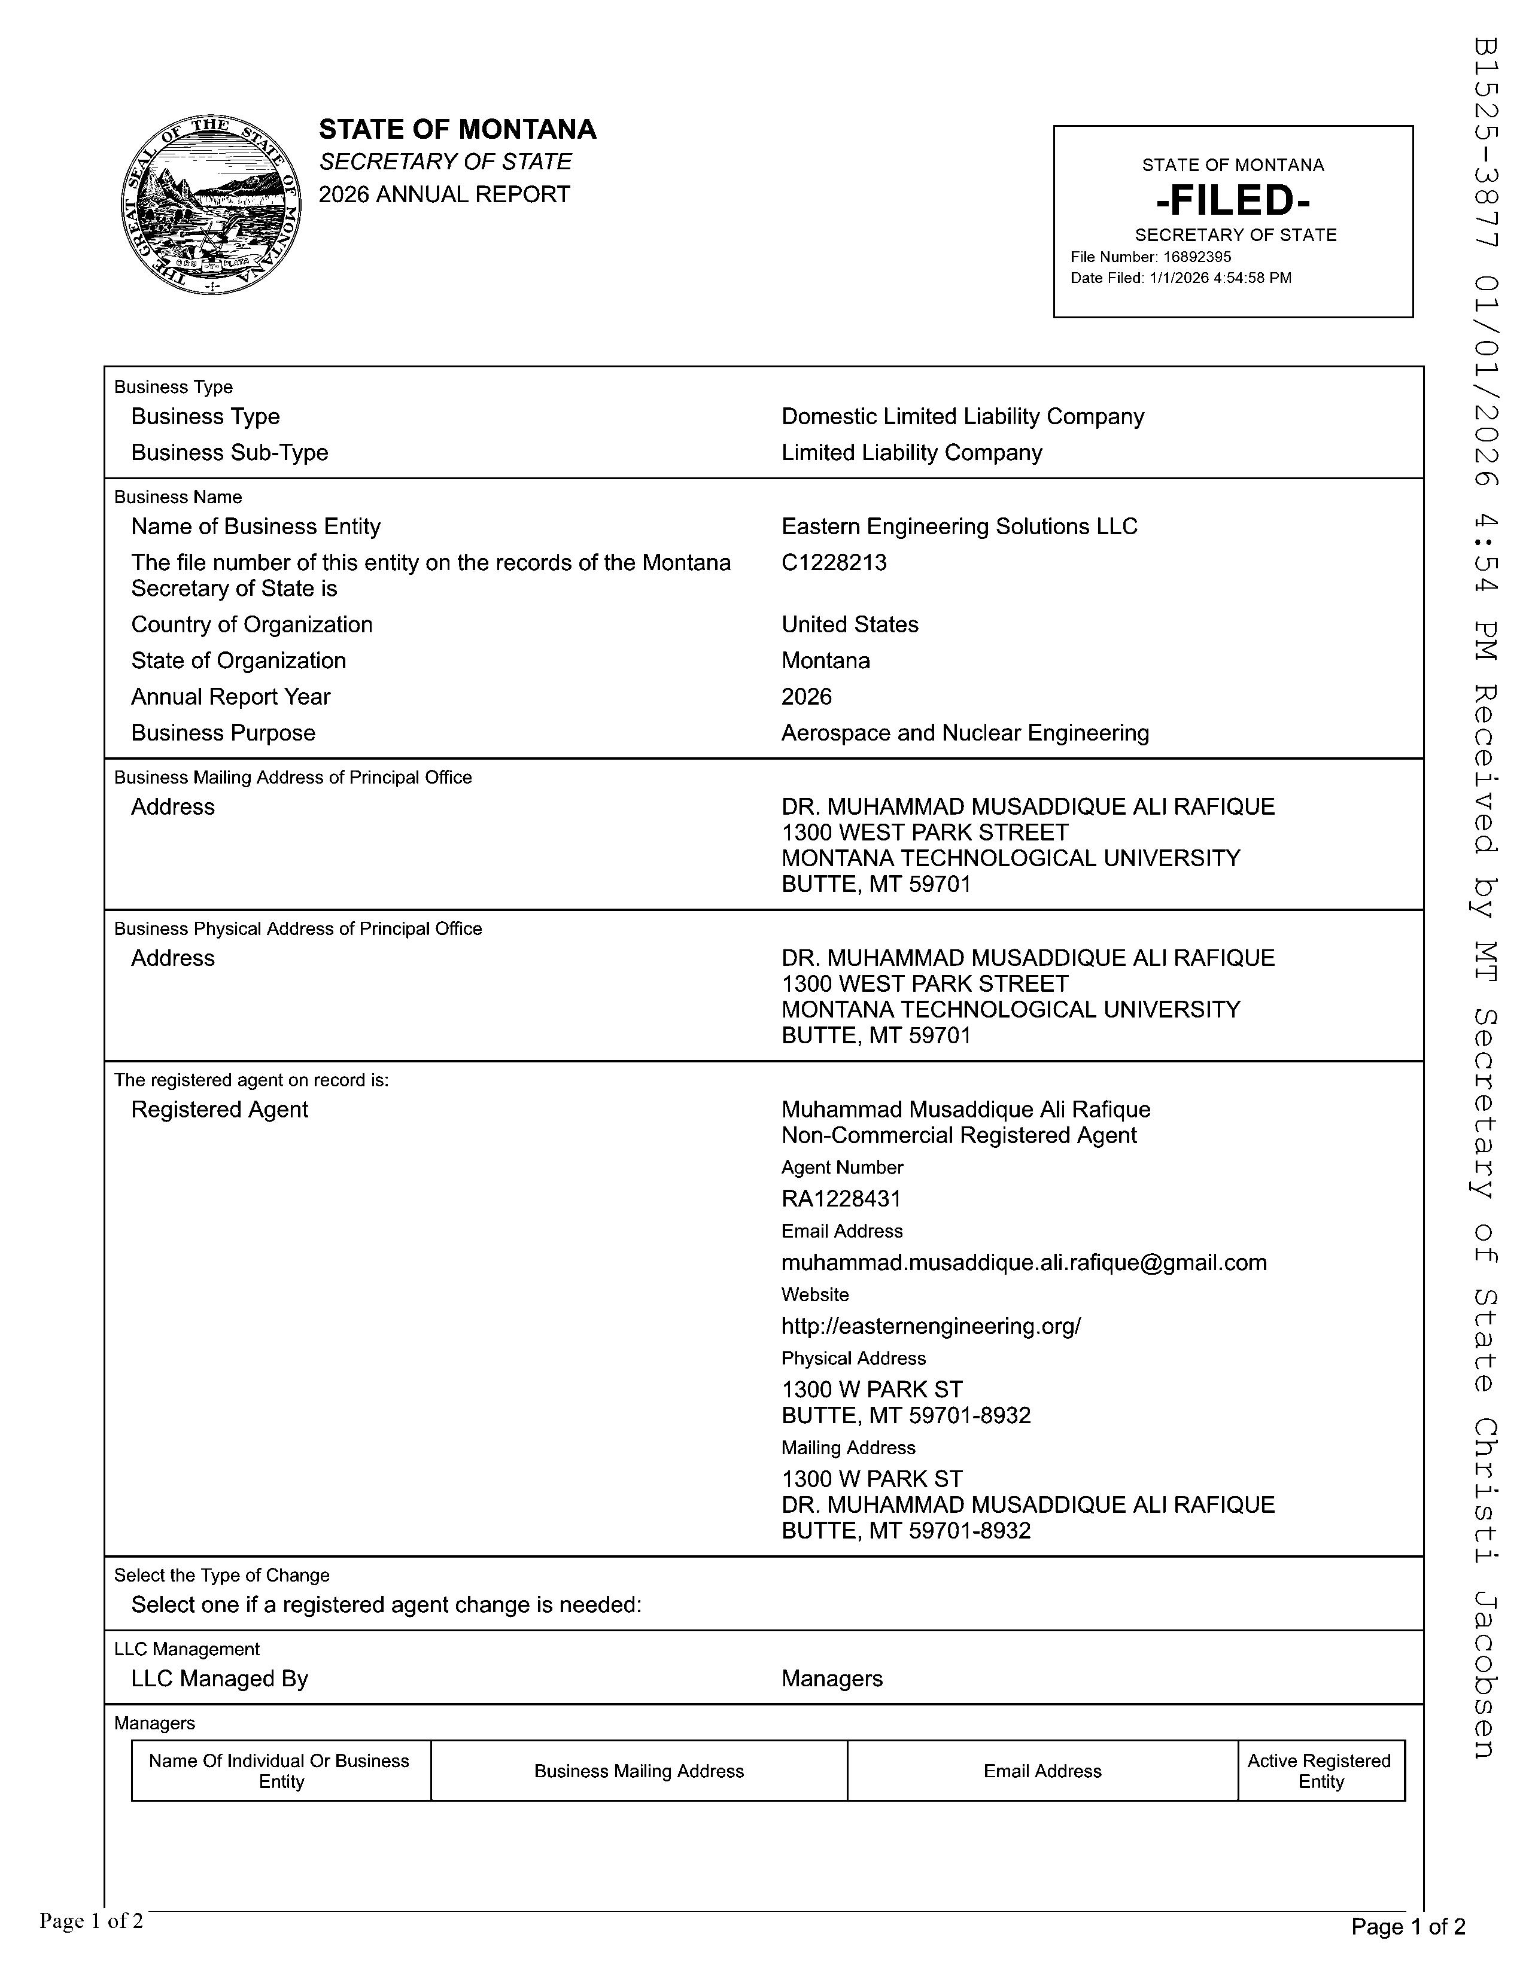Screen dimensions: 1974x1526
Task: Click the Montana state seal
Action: tap(211, 205)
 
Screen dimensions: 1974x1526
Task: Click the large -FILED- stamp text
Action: tap(1233, 200)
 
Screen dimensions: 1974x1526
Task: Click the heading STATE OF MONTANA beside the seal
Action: tap(457, 129)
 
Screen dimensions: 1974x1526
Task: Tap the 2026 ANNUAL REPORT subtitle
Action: tap(444, 194)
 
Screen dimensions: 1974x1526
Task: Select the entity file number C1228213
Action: tap(834, 562)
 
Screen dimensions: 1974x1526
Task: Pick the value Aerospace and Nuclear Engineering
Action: tap(965, 732)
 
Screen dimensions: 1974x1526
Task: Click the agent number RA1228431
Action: tap(841, 1199)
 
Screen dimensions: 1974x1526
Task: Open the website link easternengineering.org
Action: tap(930, 1326)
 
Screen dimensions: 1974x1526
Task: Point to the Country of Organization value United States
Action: tap(849, 625)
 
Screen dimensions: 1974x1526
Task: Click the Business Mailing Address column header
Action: tap(639, 1771)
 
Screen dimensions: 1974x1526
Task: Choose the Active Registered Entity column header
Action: tap(1320, 1771)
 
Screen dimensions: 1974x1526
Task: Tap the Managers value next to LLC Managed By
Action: tap(832, 1678)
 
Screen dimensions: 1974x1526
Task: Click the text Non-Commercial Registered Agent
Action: tap(958, 1135)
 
